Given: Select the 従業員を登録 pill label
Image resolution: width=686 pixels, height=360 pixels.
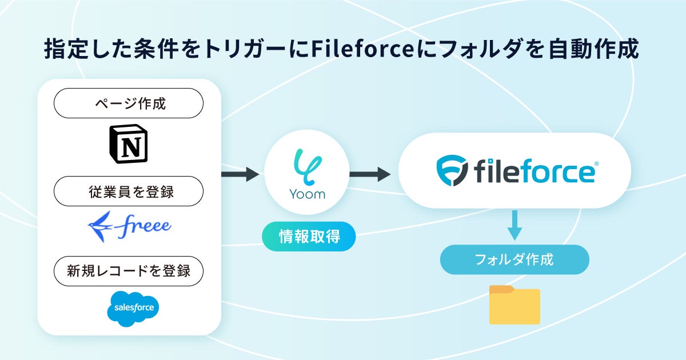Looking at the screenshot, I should click(129, 191).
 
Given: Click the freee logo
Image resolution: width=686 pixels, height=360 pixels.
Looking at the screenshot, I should click(129, 226).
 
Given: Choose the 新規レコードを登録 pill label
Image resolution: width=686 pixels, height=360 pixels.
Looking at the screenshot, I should click(129, 270).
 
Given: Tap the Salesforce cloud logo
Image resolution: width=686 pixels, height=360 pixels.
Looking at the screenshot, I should click(133, 309).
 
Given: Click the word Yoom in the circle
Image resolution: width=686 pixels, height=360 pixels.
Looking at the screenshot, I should click(306, 194).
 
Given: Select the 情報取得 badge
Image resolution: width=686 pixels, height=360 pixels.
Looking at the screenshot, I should click(309, 236).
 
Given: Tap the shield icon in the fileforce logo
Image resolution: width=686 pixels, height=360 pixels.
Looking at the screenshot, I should click(452, 171).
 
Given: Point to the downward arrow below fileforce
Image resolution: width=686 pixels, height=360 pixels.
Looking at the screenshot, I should click(515, 225).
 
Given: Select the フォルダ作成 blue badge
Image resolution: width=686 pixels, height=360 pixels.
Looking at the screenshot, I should click(514, 259).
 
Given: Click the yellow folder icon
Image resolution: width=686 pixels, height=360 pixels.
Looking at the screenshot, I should click(514, 305).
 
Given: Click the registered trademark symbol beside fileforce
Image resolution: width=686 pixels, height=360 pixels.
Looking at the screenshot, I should click(596, 163).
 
